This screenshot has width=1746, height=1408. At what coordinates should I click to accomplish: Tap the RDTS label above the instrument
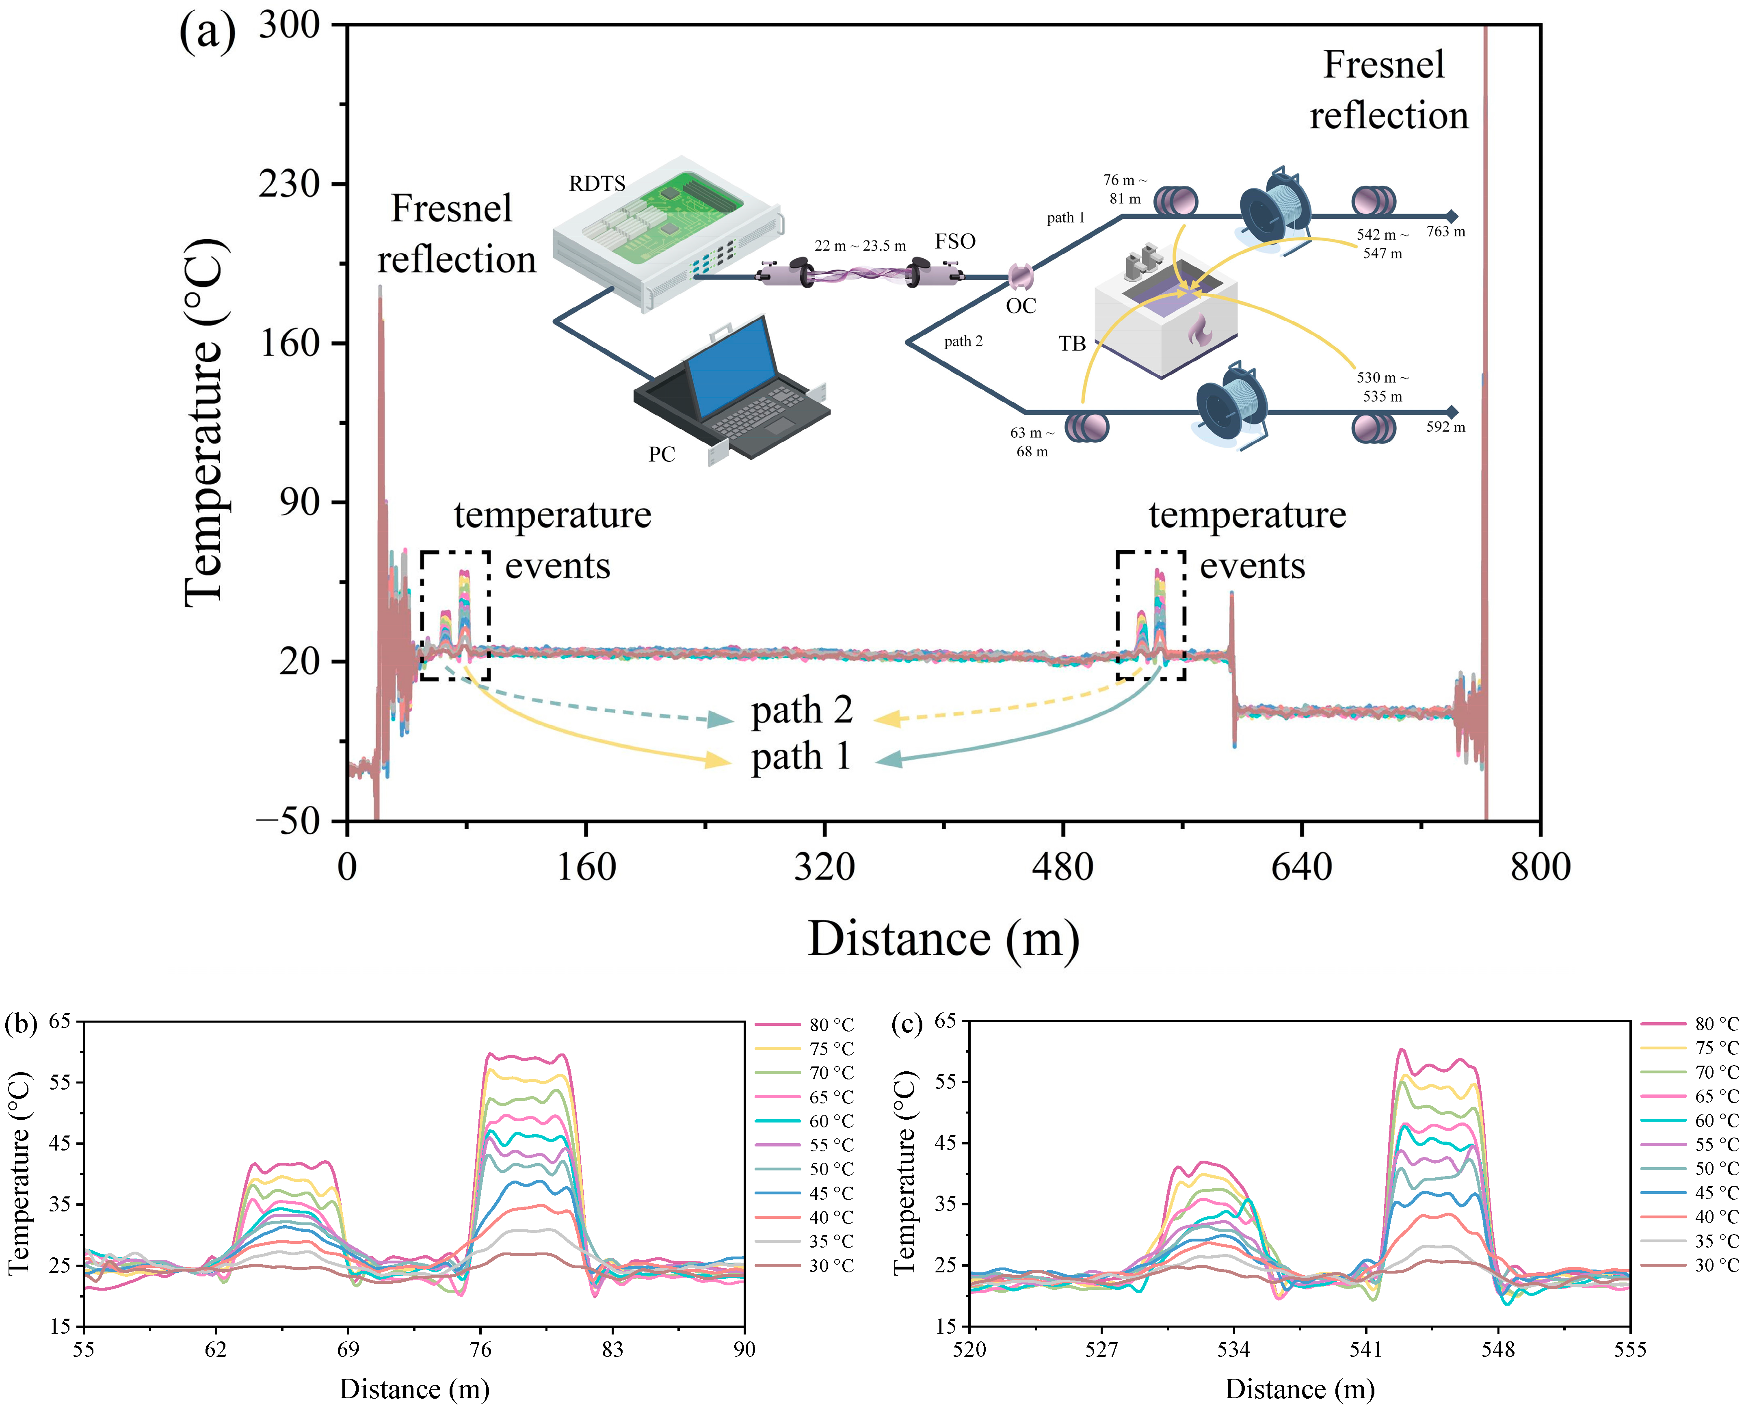pyautogui.click(x=597, y=184)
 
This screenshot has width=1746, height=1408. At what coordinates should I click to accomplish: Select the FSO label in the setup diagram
pyautogui.click(x=954, y=242)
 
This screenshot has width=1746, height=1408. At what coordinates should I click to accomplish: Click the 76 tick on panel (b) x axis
pyautogui.click(x=480, y=1349)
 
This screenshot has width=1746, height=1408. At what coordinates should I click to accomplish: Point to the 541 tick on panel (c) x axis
pyautogui.click(x=1366, y=1349)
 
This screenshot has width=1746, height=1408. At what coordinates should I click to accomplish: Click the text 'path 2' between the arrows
pyautogui.click(x=801, y=710)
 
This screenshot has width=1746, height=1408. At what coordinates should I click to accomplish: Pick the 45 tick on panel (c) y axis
pyautogui.click(x=945, y=1143)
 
